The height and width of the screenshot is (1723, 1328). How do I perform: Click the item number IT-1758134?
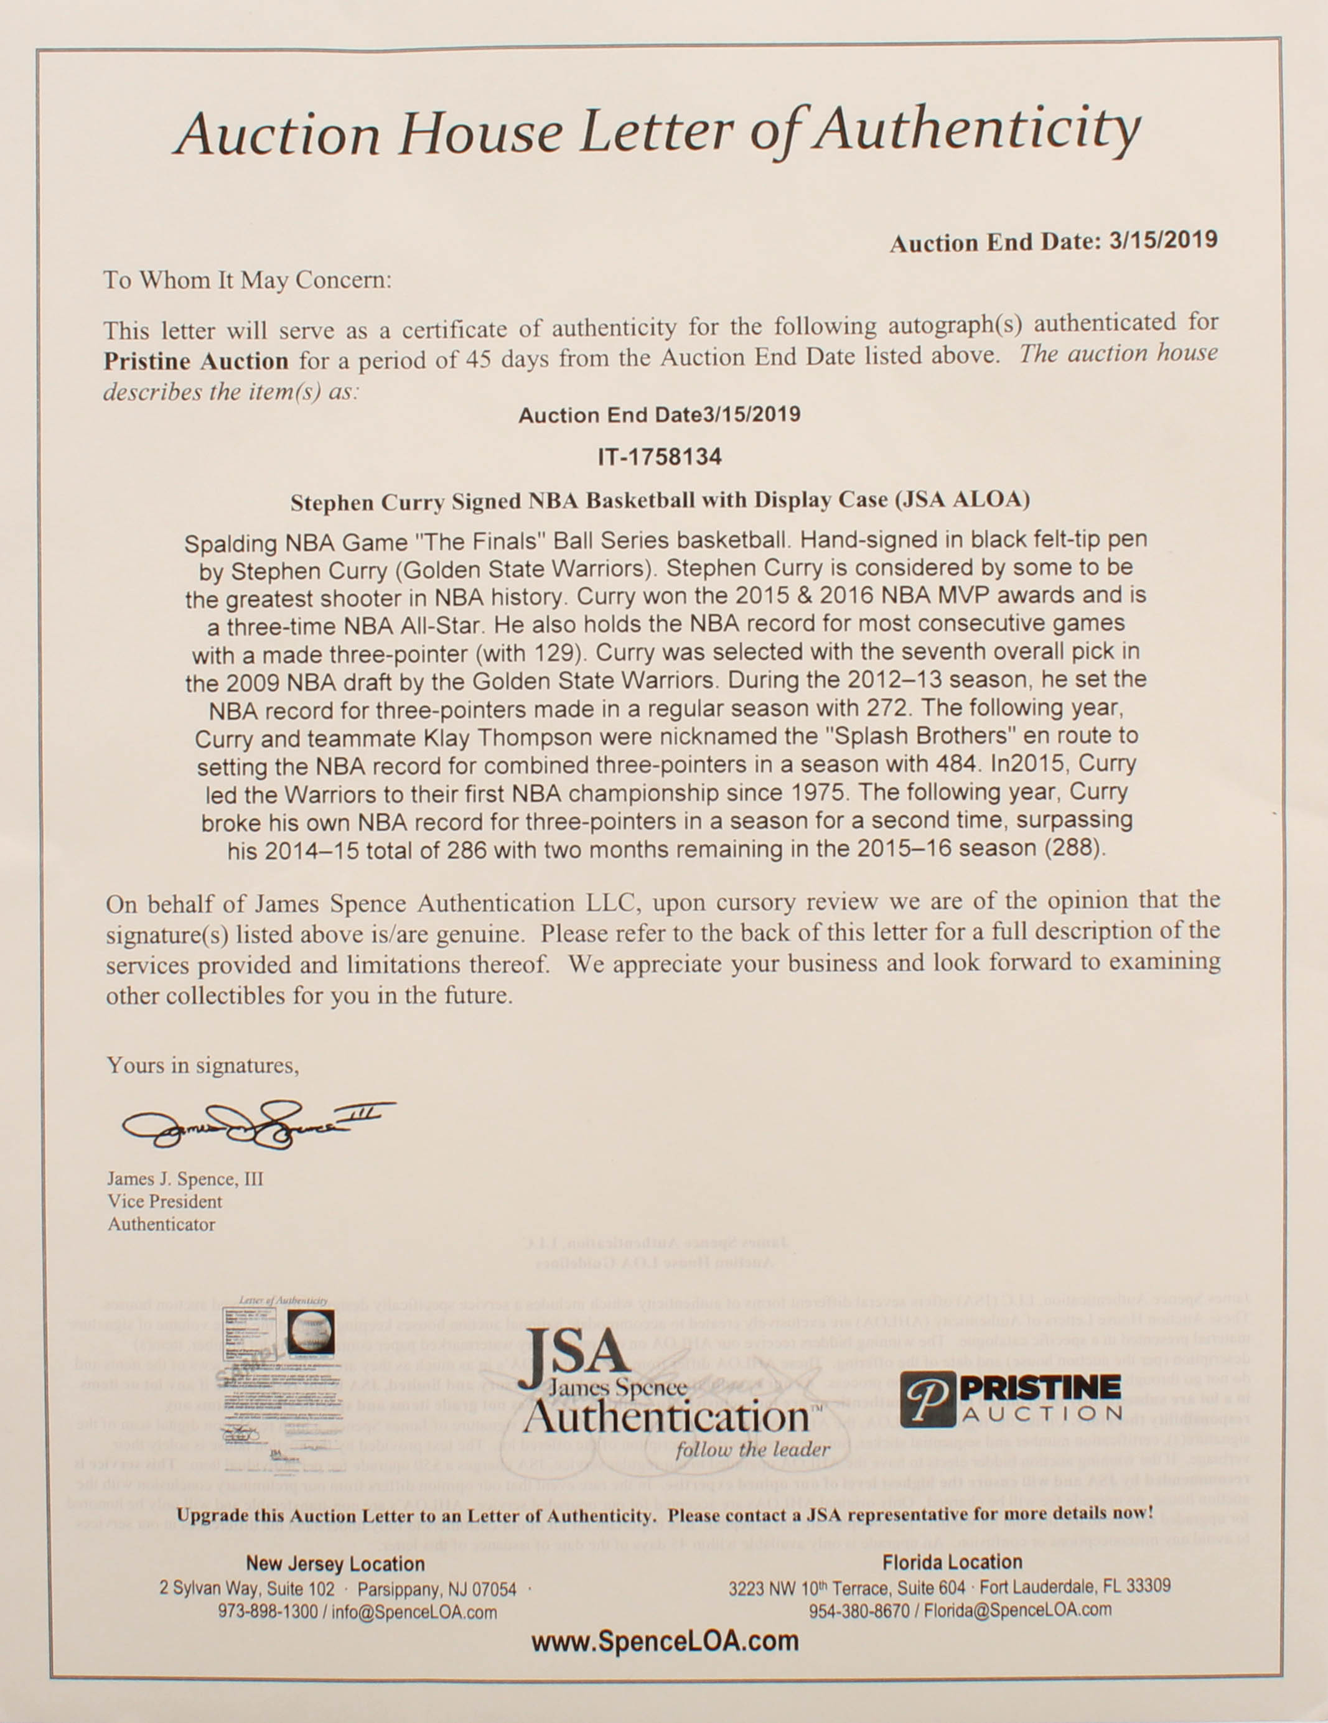coord(660,458)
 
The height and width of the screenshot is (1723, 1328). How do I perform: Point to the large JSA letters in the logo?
coord(576,1355)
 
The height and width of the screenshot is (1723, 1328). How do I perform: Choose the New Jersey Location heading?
coord(335,1564)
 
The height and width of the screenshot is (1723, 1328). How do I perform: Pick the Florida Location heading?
coord(952,1562)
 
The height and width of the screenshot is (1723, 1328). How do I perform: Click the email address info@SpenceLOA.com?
coord(414,1612)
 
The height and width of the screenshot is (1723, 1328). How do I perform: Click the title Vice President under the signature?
coord(165,1202)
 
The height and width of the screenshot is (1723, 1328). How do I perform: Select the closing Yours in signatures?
coord(203,1066)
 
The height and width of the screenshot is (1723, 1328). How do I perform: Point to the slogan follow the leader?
coord(752,1449)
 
